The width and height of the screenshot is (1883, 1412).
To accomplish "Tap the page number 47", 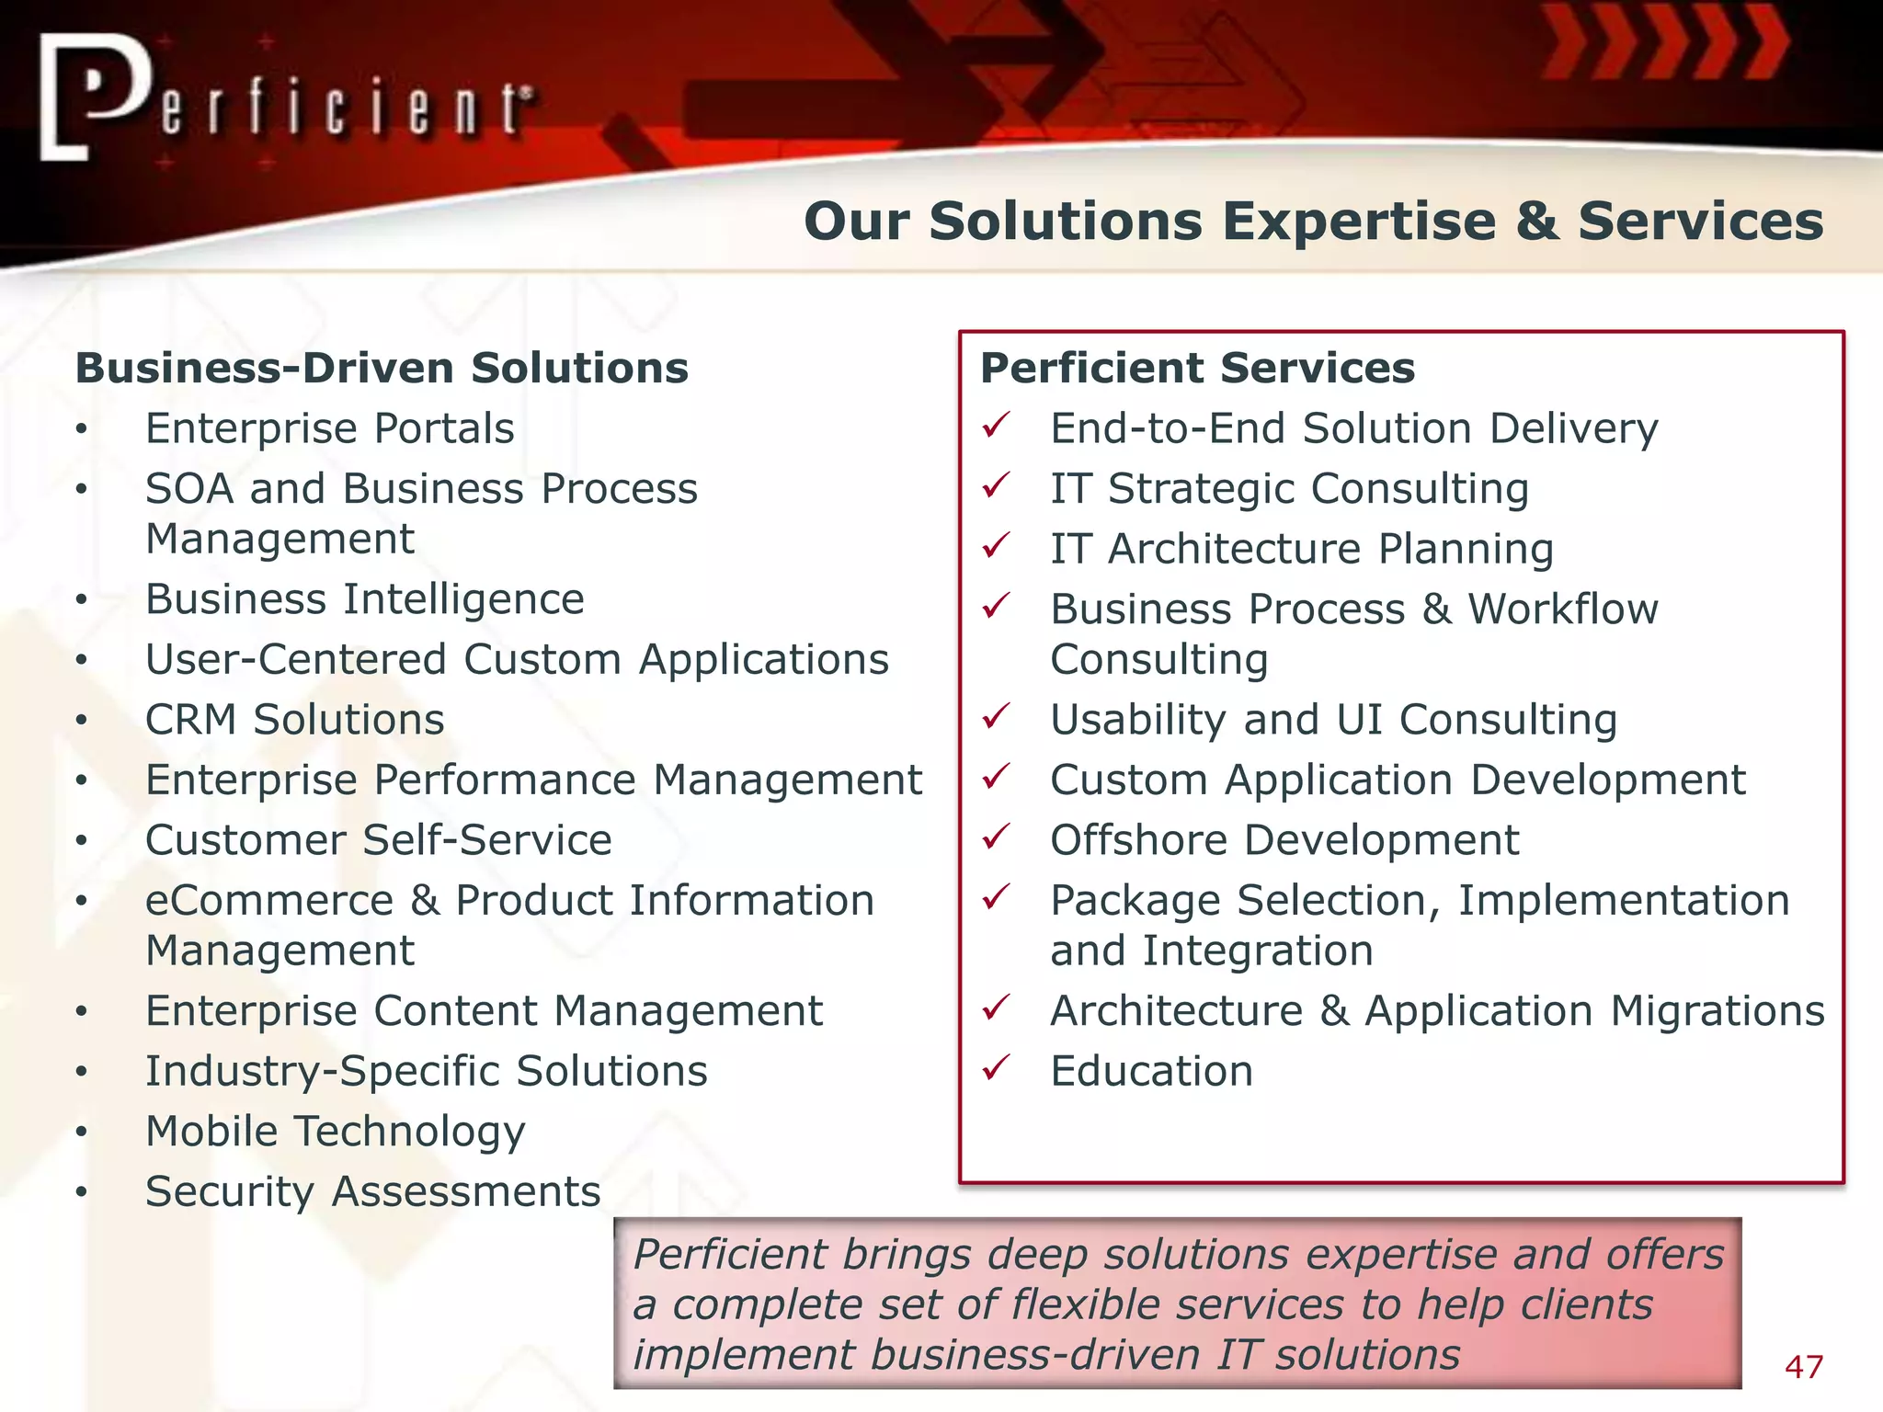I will (1803, 1367).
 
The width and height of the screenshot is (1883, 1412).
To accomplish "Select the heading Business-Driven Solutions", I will (382, 368).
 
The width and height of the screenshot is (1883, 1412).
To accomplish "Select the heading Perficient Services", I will (1197, 368).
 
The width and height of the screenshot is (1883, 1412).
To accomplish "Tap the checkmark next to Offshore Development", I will (996, 837).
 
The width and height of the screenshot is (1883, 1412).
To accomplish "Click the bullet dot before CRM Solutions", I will (82, 721).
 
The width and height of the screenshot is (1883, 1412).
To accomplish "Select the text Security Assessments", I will (372, 1192).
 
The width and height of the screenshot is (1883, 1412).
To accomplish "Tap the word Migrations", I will (1717, 1011).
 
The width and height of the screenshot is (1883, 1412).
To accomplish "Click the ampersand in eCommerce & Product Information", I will (425, 901).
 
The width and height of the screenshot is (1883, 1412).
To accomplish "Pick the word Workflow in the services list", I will (1562, 609).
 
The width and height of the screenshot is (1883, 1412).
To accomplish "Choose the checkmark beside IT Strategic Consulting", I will (996, 485).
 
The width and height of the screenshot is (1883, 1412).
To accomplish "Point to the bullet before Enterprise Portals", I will (82, 429).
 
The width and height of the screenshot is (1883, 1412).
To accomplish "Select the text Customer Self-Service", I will (378, 840).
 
